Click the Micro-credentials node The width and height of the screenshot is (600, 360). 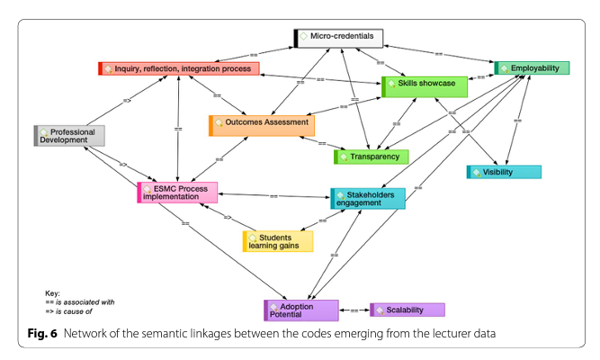pyautogui.click(x=339, y=38)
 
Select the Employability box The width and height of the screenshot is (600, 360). pyautogui.click(x=532, y=67)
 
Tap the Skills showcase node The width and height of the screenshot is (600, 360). pyautogui.click(x=425, y=86)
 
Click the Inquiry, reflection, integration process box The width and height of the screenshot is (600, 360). pyautogui.click(x=179, y=68)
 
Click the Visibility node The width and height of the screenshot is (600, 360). pyautogui.click(x=504, y=172)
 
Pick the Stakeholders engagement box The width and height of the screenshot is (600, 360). pyautogui.click(x=368, y=198)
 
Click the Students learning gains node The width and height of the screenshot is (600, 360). pyautogui.click(x=278, y=241)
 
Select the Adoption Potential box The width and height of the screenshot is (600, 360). pyautogui.click(x=301, y=310)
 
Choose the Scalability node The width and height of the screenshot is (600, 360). pyautogui.click(x=407, y=310)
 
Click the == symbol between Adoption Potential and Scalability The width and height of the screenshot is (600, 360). pyautogui.click(x=354, y=310)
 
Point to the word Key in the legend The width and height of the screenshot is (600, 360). pyautogui.click(x=52, y=293)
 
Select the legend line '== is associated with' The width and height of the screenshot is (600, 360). pyautogui.click(x=80, y=302)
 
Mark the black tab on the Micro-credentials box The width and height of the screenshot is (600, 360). pyautogui.click(x=296, y=38)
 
